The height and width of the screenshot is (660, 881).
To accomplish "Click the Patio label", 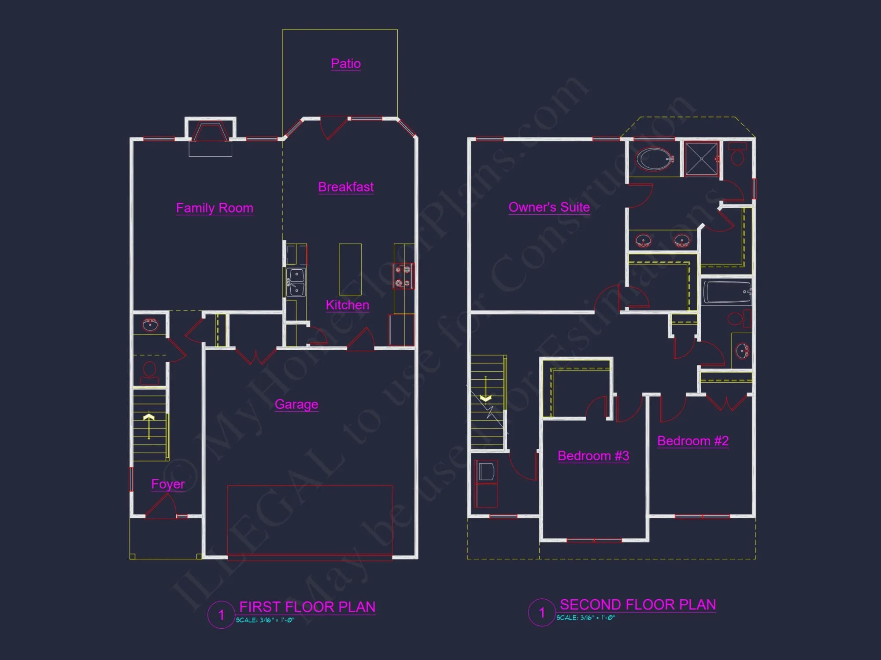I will pyautogui.click(x=346, y=64).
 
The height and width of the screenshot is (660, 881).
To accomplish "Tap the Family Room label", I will pyautogui.click(x=215, y=208).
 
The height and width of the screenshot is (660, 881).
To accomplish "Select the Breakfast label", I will pyautogui.click(x=346, y=187).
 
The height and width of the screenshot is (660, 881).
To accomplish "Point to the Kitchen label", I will pyautogui.click(x=347, y=305).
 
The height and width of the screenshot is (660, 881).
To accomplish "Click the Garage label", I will pyautogui.click(x=296, y=404).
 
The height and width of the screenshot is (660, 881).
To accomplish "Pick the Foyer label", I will pyautogui.click(x=168, y=484).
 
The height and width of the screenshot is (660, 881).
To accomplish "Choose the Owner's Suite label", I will pyautogui.click(x=549, y=207).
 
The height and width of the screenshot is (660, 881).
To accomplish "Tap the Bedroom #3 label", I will pyautogui.click(x=593, y=456).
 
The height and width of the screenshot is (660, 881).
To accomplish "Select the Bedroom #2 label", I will pyautogui.click(x=693, y=441).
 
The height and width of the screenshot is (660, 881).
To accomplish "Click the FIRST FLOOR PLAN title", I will pyautogui.click(x=307, y=607).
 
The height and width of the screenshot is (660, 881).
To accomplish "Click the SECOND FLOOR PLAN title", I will pyautogui.click(x=637, y=605).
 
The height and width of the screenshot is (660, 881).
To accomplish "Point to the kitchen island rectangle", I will pyautogui.click(x=350, y=269).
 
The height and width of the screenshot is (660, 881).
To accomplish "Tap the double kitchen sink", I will pyautogui.click(x=296, y=282).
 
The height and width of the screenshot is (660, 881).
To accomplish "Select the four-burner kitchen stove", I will pyautogui.click(x=403, y=276).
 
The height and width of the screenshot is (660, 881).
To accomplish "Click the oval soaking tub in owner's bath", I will pyautogui.click(x=655, y=159).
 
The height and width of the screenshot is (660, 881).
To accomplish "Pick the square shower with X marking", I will pyautogui.click(x=702, y=158).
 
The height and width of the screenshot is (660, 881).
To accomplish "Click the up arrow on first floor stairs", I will pyautogui.click(x=149, y=425).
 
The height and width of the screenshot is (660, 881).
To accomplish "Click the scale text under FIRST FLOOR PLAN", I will pyautogui.click(x=265, y=620).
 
